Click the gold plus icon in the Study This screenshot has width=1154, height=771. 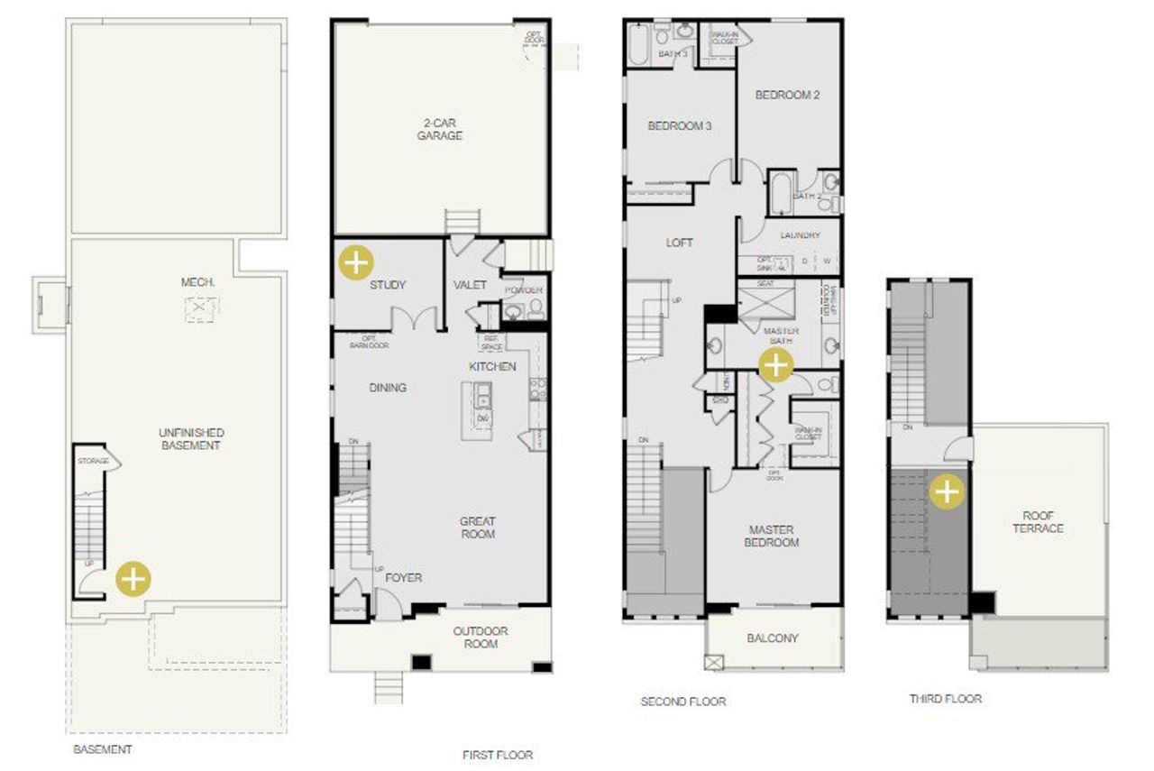click(356, 262)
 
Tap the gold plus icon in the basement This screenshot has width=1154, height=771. click(133, 578)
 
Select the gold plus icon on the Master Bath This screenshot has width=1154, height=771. click(775, 365)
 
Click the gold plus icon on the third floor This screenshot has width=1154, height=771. click(947, 492)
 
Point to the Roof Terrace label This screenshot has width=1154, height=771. click(1038, 522)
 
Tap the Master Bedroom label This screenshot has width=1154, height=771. click(772, 536)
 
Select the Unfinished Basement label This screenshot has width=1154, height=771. click(191, 439)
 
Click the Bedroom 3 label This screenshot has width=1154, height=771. click(679, 126)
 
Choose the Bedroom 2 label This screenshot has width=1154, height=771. click(786, 95)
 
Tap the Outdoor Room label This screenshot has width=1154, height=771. click(481, 637)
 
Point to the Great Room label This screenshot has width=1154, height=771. click(477, 528)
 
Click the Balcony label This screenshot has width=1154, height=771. click(773, 638)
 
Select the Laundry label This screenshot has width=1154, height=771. click(800, 235)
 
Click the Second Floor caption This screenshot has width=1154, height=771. click(682, 702)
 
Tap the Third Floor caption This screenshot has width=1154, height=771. click(945, 699)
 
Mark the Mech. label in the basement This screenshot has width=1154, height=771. click(197, 282)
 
